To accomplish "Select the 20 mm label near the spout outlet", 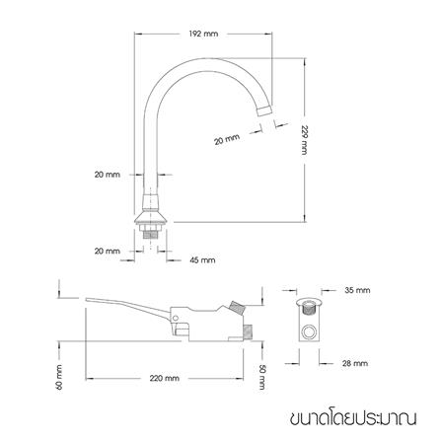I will (226, 140).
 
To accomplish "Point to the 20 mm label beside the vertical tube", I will (106, 175).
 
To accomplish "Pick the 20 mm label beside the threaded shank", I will (107, 251).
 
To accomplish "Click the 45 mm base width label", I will (200, 260).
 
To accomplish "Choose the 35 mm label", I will (358, 291).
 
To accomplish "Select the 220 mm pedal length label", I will (165, 377).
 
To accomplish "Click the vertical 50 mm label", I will (262, 376).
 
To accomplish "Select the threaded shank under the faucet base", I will (149, 233).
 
